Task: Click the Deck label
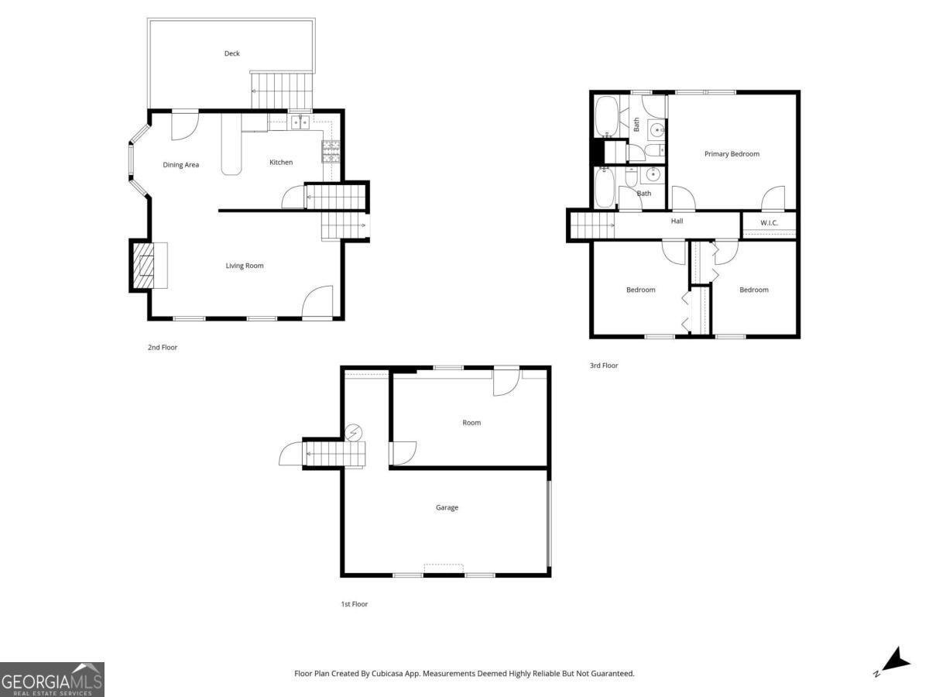point(232,53)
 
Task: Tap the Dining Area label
point(180,165)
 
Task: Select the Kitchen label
point(281,162)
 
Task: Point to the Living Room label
point(245,266)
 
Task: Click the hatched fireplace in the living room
point(143,266)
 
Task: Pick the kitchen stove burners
point(331,152)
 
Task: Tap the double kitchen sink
point(300,122)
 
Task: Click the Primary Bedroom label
point(732,154)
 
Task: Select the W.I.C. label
point(769,222)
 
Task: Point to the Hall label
point(677,221)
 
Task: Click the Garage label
point(447,507)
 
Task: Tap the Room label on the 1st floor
point(471,423)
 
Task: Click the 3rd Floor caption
point(604,366)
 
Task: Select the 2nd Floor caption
point(163,348)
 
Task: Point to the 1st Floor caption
point(355,604)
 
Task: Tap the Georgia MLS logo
point(52,679)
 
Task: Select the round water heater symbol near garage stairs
point(353,433)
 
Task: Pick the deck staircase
point(283,91)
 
